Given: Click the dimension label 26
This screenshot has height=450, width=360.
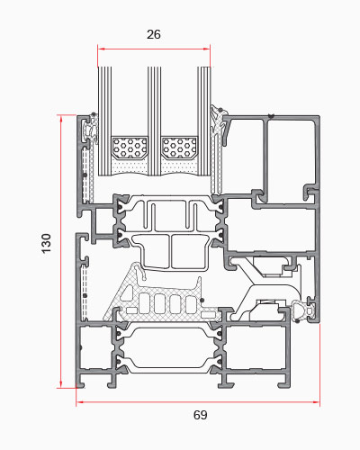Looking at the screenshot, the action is (x=154, y=34).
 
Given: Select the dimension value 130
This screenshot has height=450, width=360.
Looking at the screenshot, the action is (x=46, y=243).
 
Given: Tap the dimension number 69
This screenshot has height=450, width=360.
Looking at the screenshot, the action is (x=200, y=415).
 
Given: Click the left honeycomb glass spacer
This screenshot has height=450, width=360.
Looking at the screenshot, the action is (x=130, y=148).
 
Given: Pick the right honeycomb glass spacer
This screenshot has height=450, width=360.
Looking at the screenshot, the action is (x=179, y=148).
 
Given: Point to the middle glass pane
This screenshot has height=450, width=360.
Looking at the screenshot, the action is (x=154, y=121).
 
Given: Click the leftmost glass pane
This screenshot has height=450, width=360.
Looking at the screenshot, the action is (x=104, y=121).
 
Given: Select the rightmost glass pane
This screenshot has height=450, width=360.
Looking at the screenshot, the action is (x=204, y=121).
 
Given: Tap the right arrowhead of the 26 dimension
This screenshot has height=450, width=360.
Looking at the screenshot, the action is (x=207, y=49).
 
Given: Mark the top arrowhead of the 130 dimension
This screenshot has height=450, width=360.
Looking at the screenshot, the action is (x=61, y=119).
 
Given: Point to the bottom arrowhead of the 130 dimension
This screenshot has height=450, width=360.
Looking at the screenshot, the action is (x=61, y=384).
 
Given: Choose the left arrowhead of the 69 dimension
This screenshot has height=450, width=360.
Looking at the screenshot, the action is (x=80, y=401).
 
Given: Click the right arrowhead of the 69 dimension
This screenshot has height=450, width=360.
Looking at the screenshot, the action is (x=316, y=401).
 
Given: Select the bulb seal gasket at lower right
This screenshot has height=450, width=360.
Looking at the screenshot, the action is (x=302, y=311).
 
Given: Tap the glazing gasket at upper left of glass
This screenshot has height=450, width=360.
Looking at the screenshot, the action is (x=93, y=129).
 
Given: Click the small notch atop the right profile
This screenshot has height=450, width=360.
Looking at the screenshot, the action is (x=272, y=116).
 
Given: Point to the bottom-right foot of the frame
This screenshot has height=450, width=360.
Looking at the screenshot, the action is (x=284, y=384).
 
